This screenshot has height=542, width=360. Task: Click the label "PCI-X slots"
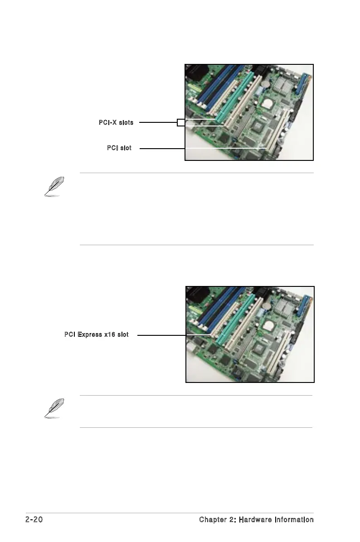coord(116,122)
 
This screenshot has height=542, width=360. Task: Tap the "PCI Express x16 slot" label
coord(96,335)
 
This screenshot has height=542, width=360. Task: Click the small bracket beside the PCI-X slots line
coord(181,122)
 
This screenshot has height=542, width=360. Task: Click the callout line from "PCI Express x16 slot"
coord(161,335)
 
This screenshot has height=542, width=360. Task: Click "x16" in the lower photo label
coord(109,335)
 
